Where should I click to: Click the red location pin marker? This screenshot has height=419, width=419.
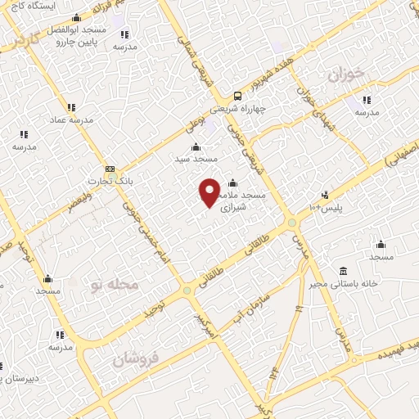point(210,191)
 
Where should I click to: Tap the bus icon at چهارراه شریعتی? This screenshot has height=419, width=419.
point(237,94)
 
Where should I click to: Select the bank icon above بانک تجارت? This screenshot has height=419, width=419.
point(110,169)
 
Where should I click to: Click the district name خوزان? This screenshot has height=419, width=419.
point(345,75)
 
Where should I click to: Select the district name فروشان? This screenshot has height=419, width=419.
point(134,358)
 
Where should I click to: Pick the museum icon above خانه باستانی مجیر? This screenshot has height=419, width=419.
point(342,271)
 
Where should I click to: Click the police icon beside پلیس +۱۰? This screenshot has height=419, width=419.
point(326,195)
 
